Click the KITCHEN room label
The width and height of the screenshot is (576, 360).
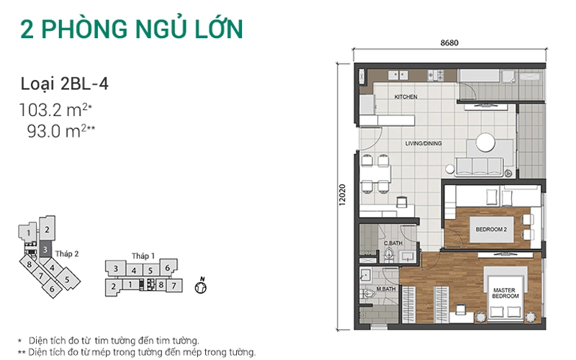pos(405,96)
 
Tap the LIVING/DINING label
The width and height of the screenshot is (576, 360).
pos(423,143)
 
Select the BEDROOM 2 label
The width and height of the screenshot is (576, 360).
pos(491,229)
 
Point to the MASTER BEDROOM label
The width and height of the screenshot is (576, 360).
pos(505,293)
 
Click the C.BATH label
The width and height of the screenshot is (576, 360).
pos(393,243)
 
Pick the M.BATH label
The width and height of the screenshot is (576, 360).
pos(386,289)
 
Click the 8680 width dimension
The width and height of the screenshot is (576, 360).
pos(449,42)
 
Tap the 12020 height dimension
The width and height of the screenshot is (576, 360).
pos(342,194)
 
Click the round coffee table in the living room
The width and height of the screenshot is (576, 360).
pos(485,142)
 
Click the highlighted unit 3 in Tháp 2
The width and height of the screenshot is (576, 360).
pos(45,250)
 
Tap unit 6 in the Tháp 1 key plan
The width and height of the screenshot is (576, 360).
pos(168,267)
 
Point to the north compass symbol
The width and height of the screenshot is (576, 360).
pos(201,287)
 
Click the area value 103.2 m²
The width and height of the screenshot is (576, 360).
pos(55,109)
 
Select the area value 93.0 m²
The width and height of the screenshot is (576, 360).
pos(61,131)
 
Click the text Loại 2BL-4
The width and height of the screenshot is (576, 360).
pos(65,84)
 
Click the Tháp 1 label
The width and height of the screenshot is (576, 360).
pos(143,256)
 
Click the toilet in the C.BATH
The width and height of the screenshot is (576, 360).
pos(389,253)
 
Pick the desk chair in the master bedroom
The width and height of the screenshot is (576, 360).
pos(460,310)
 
